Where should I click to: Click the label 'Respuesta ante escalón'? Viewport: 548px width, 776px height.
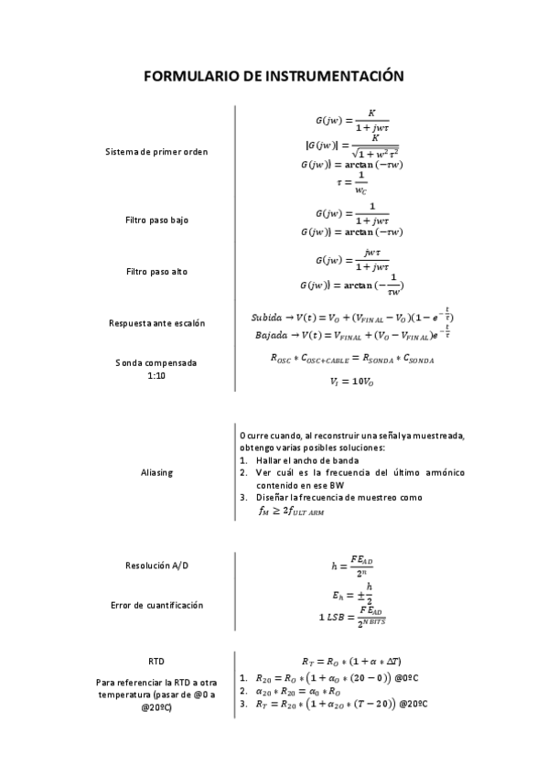click(156, 323)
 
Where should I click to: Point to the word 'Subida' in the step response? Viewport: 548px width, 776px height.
click(268, 317)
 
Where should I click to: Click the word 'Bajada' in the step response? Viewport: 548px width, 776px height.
click(271, 335)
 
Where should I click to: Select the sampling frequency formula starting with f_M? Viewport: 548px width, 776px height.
click(292, 512)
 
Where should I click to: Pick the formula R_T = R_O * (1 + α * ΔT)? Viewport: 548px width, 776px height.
click(352, 661)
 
